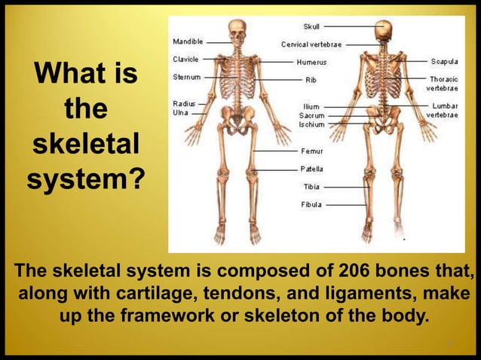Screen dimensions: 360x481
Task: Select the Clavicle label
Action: [186, 59]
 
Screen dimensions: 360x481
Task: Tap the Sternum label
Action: [186, 76]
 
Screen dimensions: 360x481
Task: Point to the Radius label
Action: [185, 103]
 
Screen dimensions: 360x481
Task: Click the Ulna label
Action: [181, 113]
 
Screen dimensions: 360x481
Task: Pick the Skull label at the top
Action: [311, 26]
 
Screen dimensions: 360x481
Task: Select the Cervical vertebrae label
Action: [311, 44]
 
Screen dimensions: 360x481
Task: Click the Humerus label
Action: [311, 62]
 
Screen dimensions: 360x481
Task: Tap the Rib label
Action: [310, 79]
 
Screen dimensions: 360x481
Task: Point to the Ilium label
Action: [310, 107]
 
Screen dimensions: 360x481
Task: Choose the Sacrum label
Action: [312, 116]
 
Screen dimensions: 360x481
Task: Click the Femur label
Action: [311, 151]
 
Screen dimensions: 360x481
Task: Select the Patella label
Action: [312, 169]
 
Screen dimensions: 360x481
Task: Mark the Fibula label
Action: [311, 204]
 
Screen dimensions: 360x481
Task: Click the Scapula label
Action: [445, 61]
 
